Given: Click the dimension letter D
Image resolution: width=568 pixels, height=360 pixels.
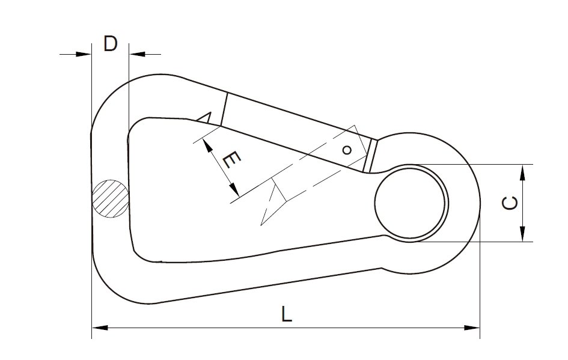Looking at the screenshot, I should click(110, 44).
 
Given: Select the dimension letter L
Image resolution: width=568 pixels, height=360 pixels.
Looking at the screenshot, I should click(287, 315).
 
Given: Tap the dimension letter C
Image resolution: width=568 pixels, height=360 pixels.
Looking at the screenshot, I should click(509, 203).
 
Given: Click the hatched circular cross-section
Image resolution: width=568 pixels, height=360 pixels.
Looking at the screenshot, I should click(110, 197).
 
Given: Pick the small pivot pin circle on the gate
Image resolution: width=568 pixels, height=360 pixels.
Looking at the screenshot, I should click(346, 150).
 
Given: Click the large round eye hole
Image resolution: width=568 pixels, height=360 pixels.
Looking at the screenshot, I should click(412, 203).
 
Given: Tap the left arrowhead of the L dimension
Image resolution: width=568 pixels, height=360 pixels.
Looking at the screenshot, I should click(99, 328).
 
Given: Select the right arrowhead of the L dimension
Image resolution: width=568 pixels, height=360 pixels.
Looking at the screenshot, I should click(473, 328).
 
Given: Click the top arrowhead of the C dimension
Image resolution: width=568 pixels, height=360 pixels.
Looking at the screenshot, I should click(523, 172).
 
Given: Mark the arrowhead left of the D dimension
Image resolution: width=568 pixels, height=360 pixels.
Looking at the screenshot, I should click(85, 55).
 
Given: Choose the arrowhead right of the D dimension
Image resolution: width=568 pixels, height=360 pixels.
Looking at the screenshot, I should click(136, 55).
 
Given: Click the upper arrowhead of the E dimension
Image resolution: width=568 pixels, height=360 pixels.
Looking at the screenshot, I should click(207, 144).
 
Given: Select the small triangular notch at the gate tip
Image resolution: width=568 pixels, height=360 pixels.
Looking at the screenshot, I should click(206, 117).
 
